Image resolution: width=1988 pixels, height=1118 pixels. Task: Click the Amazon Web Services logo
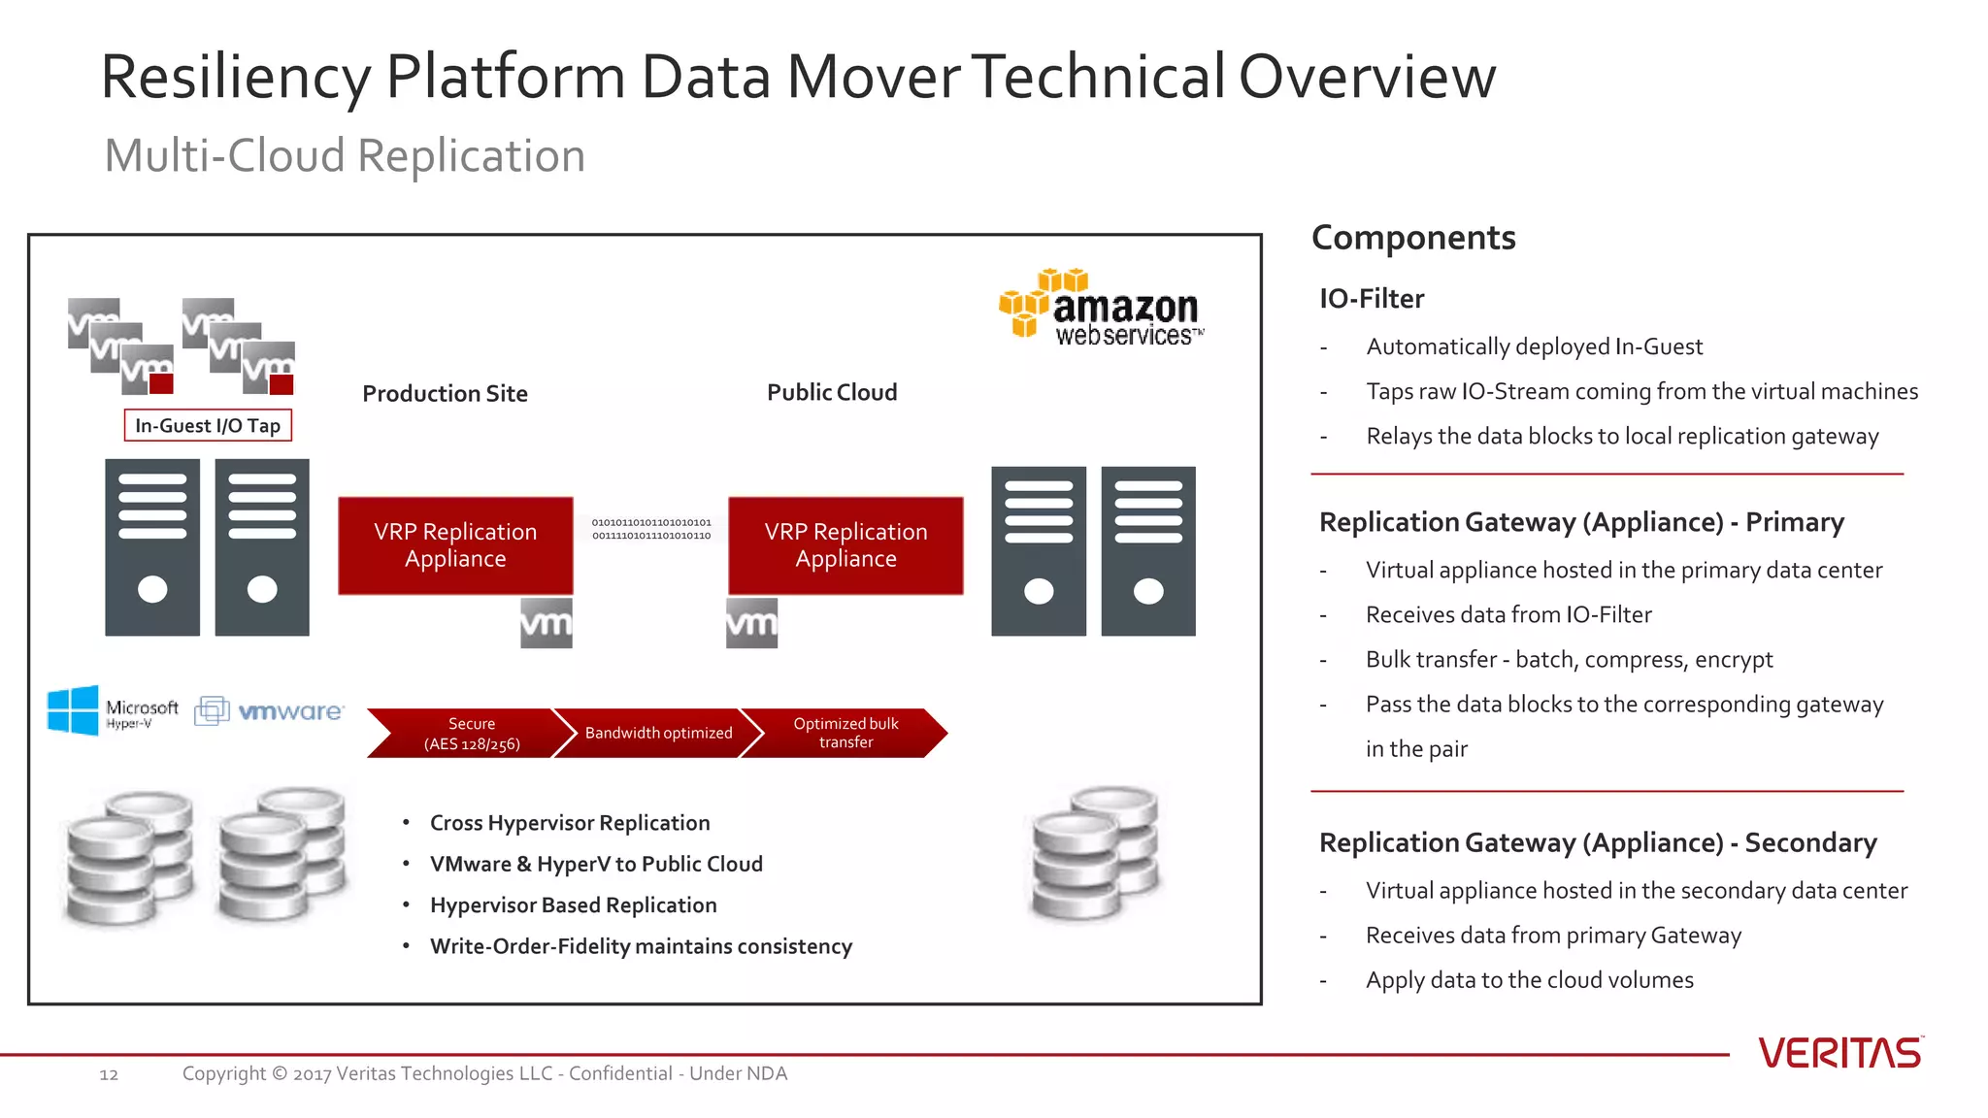click(1102, 309)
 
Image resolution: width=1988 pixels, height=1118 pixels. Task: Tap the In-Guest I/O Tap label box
click(208, 426)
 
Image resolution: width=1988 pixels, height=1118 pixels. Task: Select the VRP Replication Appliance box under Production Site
click(455, 545)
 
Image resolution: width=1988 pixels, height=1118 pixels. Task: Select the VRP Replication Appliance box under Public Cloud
click(845, 545)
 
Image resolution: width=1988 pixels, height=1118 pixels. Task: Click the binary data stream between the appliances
click(651, 529)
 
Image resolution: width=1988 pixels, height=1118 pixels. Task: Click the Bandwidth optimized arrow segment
click(658, 734)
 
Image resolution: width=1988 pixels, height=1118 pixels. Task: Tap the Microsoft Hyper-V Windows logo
click(74, 710)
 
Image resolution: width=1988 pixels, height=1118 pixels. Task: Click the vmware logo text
click(290, 711)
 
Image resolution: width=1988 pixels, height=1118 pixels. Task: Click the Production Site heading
click(445, 394)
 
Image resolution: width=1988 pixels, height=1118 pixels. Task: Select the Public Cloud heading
click(832, 393)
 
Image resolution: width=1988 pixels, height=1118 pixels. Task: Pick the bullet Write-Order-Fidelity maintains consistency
click(641, 946)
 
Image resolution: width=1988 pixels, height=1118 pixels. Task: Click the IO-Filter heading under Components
click(1372, 299)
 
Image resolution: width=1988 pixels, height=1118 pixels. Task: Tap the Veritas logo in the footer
click(1839, 1053)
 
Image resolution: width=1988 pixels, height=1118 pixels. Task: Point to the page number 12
click(109, 1074)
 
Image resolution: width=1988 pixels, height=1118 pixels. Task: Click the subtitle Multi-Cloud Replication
click(345, 156)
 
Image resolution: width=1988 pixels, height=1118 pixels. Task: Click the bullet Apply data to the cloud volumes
click(1529, 980)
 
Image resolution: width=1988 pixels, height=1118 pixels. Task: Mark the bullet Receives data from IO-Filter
click(1508, 615)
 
